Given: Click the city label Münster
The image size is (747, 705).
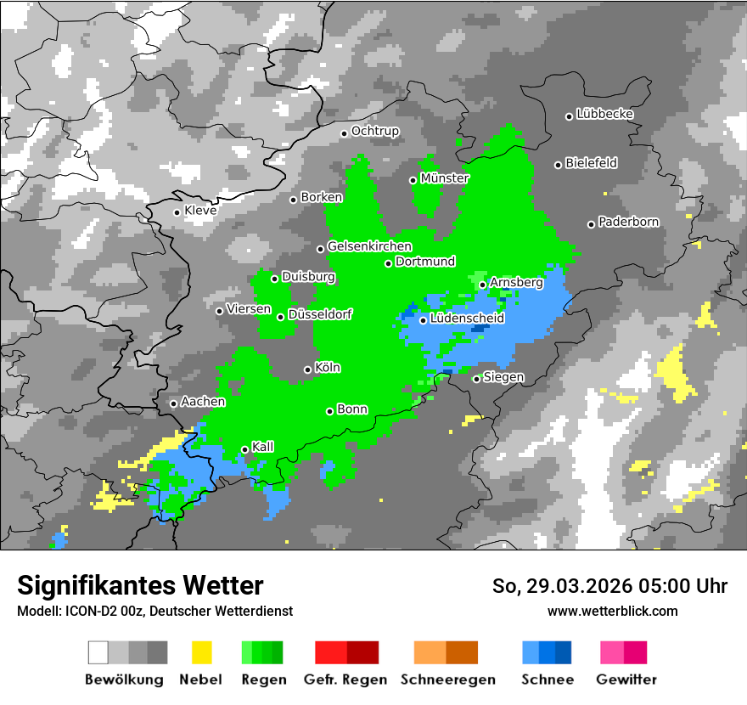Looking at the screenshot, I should coord(445,178).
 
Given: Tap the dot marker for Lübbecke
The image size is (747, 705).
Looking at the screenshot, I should coord(570,116).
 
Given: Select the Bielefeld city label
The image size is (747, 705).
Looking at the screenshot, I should coord(592,163).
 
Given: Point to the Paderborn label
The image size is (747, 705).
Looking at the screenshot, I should coord(629,223).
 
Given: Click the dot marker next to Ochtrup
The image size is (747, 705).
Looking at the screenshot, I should coord(344,133).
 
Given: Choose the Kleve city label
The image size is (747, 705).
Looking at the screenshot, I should coord(200,211).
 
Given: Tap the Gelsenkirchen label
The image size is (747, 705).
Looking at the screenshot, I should coord(369,247).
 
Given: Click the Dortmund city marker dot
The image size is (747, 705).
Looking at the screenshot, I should coord(389,263).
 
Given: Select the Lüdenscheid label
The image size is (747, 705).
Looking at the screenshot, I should coord(467,319).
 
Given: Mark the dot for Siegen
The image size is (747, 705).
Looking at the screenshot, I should coord(477,379).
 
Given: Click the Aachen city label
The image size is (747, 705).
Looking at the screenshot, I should coord(203,402).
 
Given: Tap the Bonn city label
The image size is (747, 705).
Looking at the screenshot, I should coord(352,409).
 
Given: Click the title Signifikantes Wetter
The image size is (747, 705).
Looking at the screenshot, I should coord(140,586).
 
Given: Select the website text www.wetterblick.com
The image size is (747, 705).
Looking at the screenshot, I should coord(613,612).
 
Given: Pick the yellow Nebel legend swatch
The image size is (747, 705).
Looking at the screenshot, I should coord(201,652).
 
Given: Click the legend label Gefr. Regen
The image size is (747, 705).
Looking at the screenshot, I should coord(345,680).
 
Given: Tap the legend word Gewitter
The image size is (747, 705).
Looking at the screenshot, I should coord(626,680).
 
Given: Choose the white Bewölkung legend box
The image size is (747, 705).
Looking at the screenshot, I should coord(98,652).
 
